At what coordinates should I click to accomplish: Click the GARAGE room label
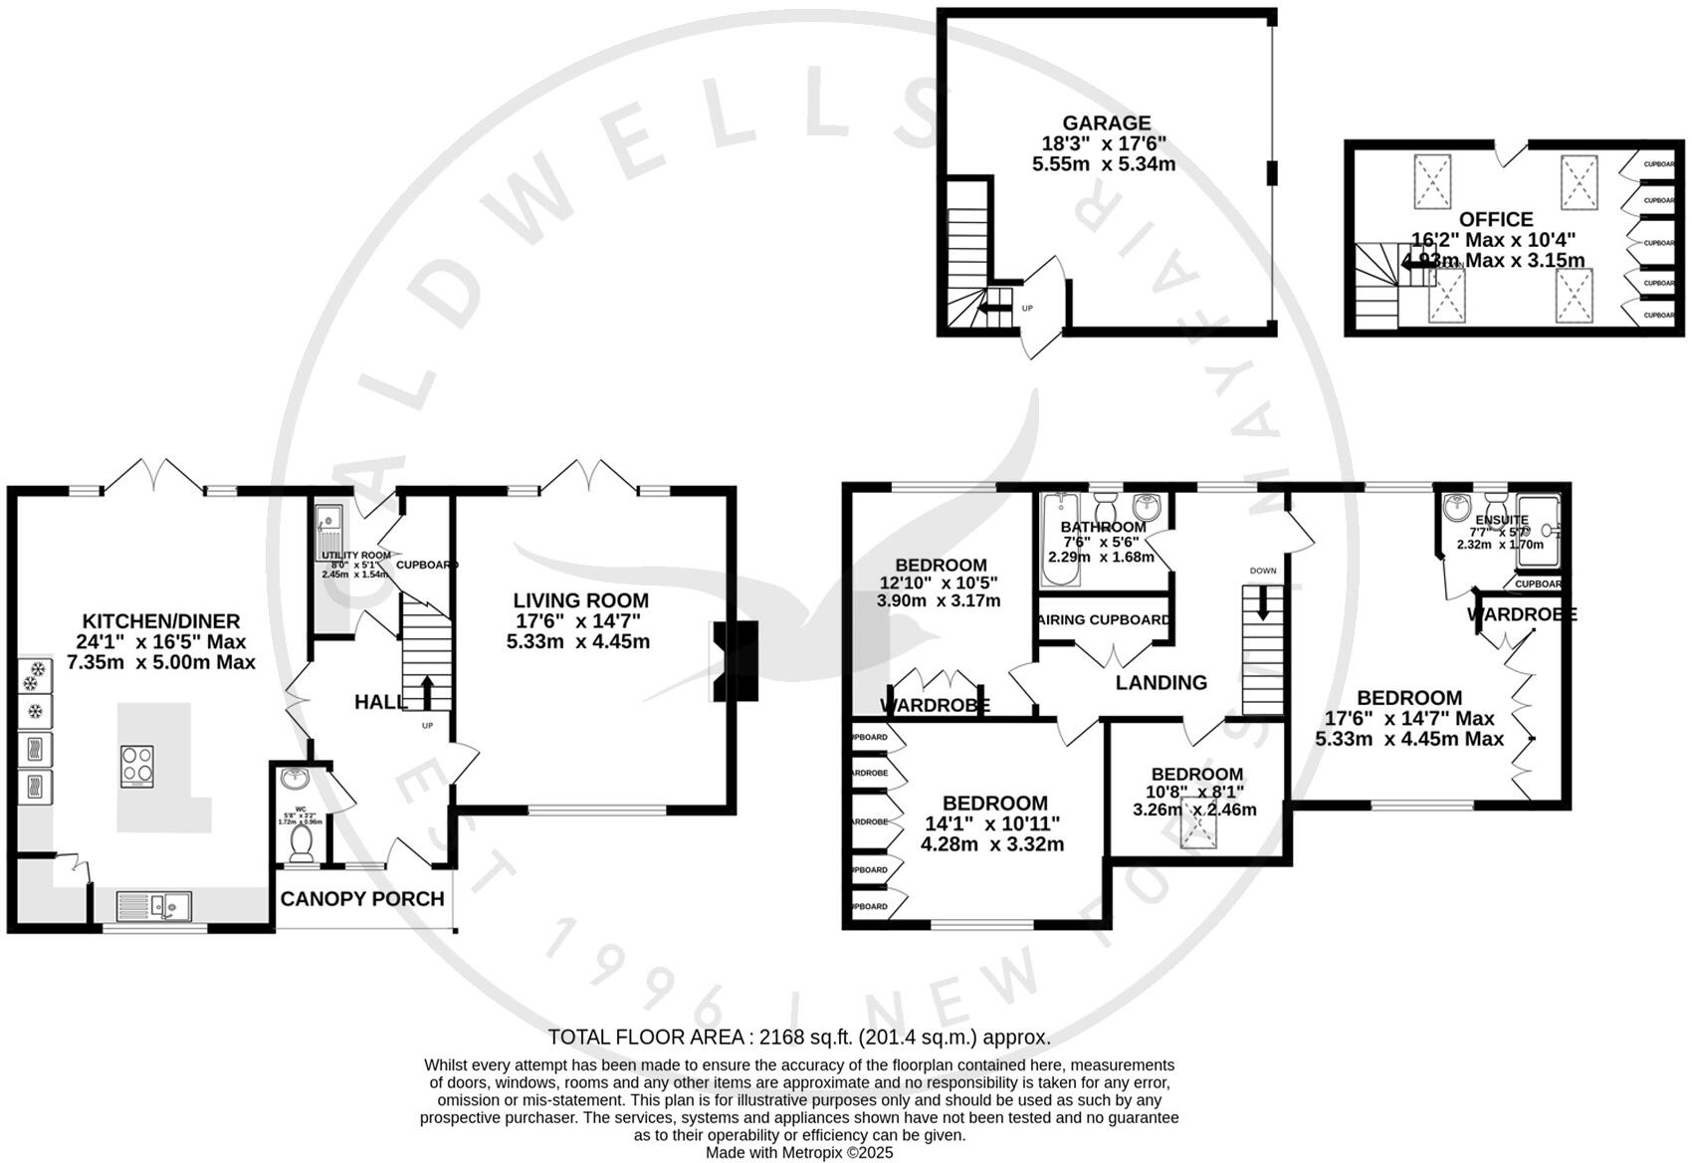click(1104, 123)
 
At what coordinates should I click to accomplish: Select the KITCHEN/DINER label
click(160, 621)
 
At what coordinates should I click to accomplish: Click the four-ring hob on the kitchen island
click(137, 766)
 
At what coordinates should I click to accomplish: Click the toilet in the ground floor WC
click(301, 843)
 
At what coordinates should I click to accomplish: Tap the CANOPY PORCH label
click(362, 899)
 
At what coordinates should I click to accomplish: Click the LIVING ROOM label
click(580, 600)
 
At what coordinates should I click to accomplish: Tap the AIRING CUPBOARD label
click(1104, 619)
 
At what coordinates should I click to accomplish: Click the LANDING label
click(1161, 683)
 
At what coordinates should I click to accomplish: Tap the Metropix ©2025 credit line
click(799, 1152)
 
